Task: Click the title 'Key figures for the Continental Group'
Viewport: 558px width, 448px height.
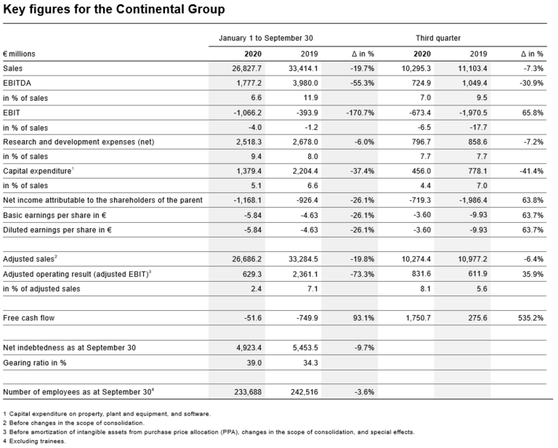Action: pyautogui.click(x=114, y=9)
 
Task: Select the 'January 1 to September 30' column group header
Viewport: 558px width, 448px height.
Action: pyautogui.click(x=266, y=38)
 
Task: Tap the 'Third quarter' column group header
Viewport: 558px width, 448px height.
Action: pyautogui.click(x=438, y=38)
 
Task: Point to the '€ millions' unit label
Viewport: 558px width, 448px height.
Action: pyautogui.click(x=19, y=54)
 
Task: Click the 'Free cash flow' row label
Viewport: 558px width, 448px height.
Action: pyautogui.click(x=28, y=318)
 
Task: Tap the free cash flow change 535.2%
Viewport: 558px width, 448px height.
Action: pyautogui.click(x=529, y=318)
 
